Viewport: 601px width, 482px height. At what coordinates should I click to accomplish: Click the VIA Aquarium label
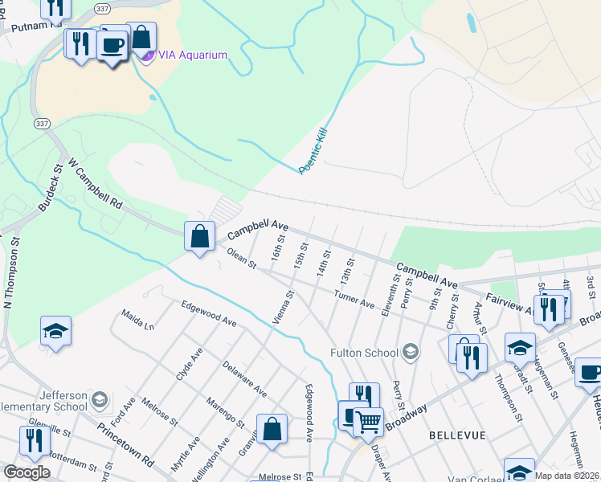pyautogui.click(x=192, y=55)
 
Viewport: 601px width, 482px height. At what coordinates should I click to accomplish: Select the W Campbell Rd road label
pyautogui.click(x=95, y=184)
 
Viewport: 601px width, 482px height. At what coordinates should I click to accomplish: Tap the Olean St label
pyautogui.click(x=240, y=259)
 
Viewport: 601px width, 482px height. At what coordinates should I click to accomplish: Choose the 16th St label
pyautogui.click(x=278, y=247)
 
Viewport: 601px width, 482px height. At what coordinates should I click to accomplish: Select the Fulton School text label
pyautogui.click(x=364, y=352)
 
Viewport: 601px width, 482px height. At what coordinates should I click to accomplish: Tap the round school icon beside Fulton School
pyautogui.click(x=411, y=351)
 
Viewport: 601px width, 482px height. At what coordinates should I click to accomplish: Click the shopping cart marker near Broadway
pyautogui.click(x=369, y=420)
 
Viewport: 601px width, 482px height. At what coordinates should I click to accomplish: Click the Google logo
pyautogui.click(x=27, y=472)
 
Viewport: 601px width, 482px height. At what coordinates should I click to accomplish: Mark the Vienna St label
pyautogui.click(x=283, y=308)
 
